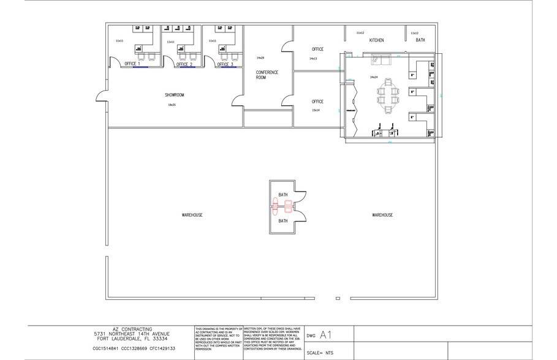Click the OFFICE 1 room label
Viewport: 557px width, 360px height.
(x=132, y=64)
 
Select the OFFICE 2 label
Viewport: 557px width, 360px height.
(x=184, y=64)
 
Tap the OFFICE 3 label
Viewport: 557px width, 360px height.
(x=225, y=64)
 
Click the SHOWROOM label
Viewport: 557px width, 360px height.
(x=174, y=95)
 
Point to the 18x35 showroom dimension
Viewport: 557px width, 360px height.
(x=172, y=105)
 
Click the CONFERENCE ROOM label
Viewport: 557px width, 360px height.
(x=267, y=75)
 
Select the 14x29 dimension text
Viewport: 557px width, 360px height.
(x=260, y=57)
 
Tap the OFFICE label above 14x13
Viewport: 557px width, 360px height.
(x=317, y=49)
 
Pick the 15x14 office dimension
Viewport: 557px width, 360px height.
(x=315, y=110)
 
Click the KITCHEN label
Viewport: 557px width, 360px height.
(x=376, y=40)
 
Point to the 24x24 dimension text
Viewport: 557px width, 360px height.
(x=373, y=77)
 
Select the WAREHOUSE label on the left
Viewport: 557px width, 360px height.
(x=192, y=215)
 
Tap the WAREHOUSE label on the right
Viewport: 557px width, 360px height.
(x=382, y=215)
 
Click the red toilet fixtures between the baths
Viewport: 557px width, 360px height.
(x=276, y=208)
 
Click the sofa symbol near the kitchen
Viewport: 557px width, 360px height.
(x=380, y=60)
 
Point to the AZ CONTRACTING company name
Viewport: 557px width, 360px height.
(x=129, y=329)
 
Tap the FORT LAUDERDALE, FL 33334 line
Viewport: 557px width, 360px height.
(x=129, y=339)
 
